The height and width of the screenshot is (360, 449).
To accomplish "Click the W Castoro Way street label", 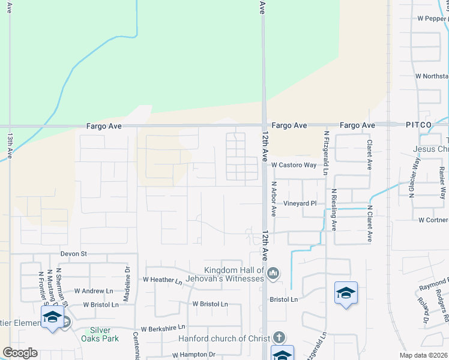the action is (294, 165).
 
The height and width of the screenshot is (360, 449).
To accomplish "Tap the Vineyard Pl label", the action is (300, 203).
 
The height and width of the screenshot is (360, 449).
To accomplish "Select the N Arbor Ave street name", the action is (273, 199).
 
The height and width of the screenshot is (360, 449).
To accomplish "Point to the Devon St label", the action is (74, 254).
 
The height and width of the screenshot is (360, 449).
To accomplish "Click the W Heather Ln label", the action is (162, 280).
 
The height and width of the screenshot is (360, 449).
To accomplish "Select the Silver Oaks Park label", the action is (100, 334).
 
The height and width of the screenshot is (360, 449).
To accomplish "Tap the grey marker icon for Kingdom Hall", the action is (273, 274).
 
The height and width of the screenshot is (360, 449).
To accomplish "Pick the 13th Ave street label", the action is (10, 146).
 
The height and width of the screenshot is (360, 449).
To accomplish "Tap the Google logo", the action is (20, 353).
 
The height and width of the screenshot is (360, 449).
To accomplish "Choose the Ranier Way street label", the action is (442, 183).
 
